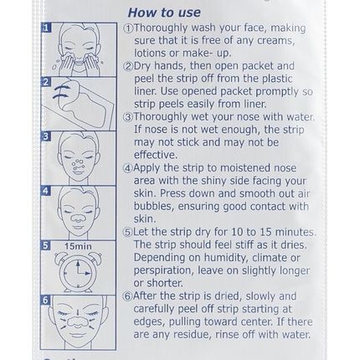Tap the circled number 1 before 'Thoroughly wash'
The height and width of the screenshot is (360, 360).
pos(128,28)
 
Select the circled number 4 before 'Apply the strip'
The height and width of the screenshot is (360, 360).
pos(128,167)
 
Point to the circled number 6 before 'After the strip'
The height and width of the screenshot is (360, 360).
pos(128,296)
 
